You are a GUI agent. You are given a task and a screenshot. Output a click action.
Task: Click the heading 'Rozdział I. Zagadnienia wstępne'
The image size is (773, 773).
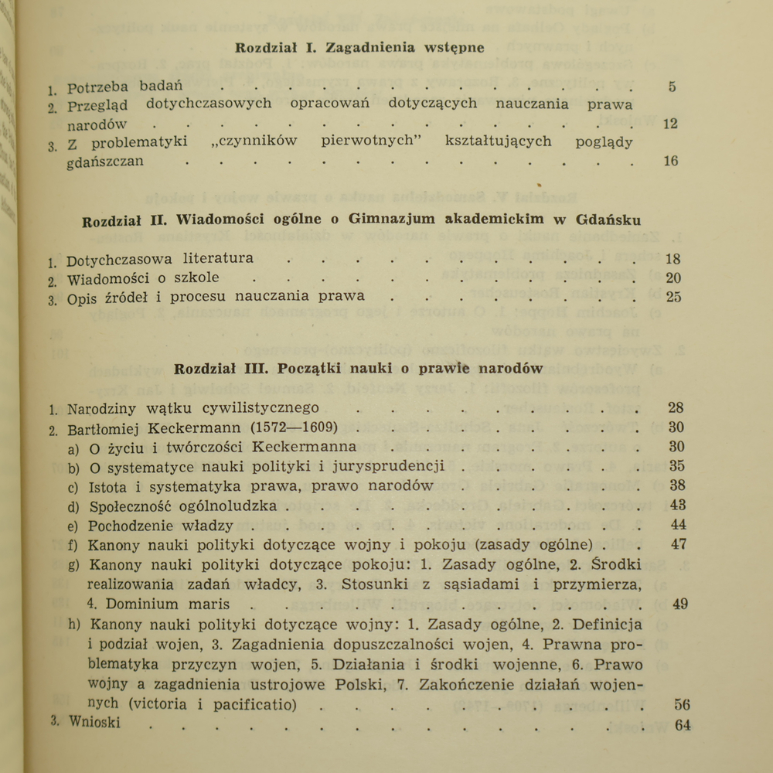359,47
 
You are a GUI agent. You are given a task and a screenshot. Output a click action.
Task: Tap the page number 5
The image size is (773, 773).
672,87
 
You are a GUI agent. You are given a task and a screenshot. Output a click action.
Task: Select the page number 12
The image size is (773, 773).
670,124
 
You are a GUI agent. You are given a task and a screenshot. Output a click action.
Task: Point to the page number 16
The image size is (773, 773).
670,161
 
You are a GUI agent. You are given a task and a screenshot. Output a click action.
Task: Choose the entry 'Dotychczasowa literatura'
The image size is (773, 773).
160,259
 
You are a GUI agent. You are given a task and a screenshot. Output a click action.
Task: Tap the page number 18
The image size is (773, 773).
673,259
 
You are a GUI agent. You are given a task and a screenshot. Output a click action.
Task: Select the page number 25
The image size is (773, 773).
673,297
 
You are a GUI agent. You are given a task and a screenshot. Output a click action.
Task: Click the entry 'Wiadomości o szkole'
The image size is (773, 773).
143,278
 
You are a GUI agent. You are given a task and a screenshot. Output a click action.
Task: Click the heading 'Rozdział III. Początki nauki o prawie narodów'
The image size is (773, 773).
359,369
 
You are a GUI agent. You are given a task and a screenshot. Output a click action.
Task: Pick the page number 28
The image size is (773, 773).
676,408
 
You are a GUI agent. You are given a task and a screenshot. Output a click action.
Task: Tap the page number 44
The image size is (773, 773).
679,526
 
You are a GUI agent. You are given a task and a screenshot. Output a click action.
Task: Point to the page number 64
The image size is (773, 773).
682,725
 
